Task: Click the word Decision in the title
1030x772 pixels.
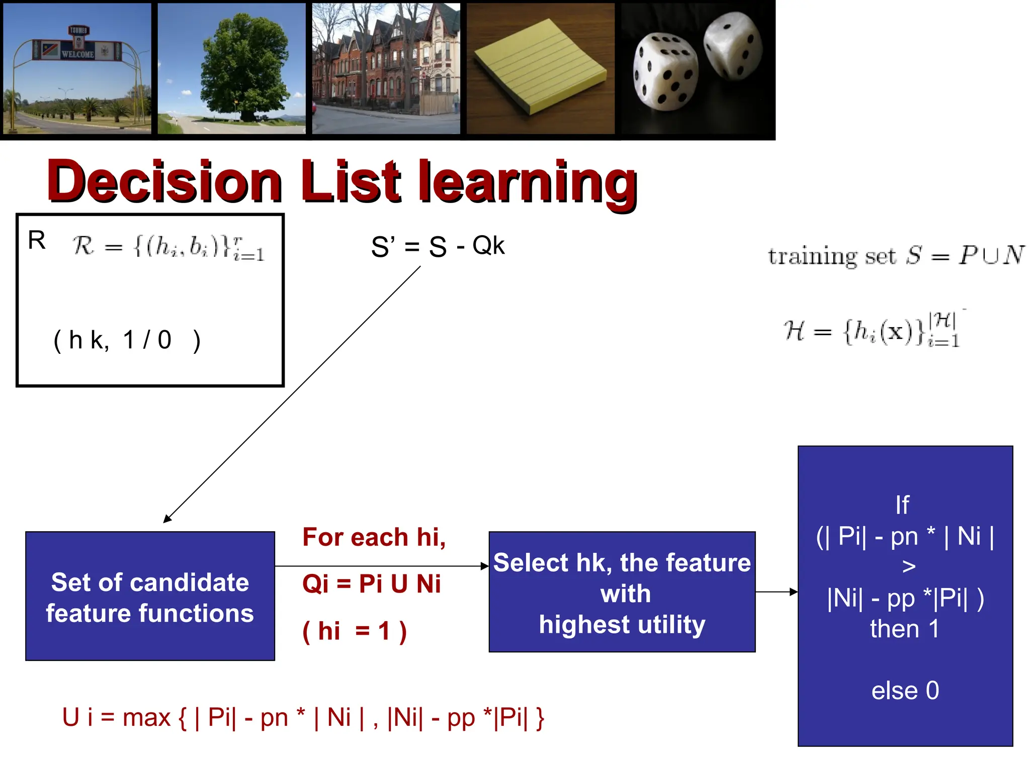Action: [x=164, y=181]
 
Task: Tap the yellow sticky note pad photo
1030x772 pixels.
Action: [x=541, y=67]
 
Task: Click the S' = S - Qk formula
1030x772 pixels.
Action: [x=438, y=246]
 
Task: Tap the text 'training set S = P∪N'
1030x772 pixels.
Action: [x=896, y=256]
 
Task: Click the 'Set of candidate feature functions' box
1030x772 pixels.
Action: [x=150, y=596]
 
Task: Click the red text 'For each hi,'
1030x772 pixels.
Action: [x=374, y=537]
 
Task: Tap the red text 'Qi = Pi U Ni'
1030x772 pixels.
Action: [x=371, y=584]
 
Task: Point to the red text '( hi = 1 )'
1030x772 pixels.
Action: [x=354, y=631]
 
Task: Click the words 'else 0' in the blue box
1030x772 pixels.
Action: [x=905, y=691]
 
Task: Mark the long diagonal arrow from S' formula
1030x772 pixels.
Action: [x=292, y=395]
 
